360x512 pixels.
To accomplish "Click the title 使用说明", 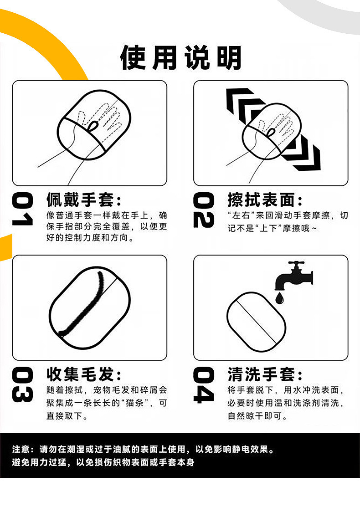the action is click(x=181, y=57).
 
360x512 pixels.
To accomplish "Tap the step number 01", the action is click(x=22, y=209).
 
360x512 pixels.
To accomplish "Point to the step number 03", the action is click(x=22, y=384).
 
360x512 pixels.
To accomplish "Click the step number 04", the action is click(x=204, y=384).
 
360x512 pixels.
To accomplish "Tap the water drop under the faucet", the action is click(x=279, y=298).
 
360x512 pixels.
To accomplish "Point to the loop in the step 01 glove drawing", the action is click(x=93, y=125).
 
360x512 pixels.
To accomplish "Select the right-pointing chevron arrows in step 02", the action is click(x=302, y=152).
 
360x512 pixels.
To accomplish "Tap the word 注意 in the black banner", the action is click(x=21, y=449).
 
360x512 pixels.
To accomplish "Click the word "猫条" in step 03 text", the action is click(x=134, y=403).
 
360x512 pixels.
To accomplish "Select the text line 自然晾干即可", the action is click(x=257, y=416).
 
